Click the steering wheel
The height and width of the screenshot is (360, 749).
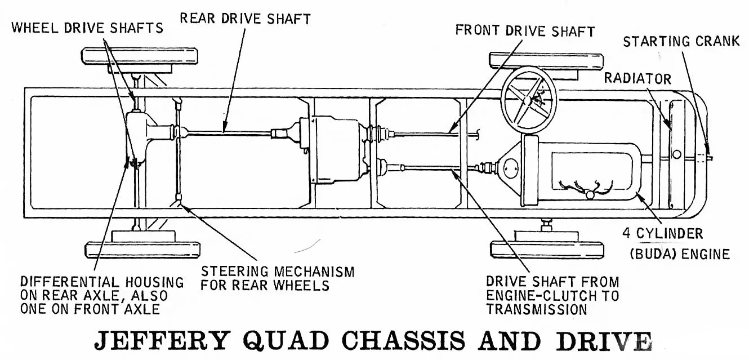click(x=529, y=100)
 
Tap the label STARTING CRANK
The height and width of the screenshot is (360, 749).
click(x=681, y=41)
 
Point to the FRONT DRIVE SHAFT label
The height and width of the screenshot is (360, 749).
click(x=525, y=30)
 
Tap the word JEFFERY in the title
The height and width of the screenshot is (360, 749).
click(x=162, y=340)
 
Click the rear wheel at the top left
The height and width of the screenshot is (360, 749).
click(x=140, y=56)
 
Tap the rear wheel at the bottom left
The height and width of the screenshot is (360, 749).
click(x=142, y=249)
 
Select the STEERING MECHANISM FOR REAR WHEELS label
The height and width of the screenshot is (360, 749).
click(x=278, y=278)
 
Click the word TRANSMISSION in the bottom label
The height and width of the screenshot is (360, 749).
click(x=537, y=309)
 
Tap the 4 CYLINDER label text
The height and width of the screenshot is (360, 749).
click(x=662, y=233)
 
